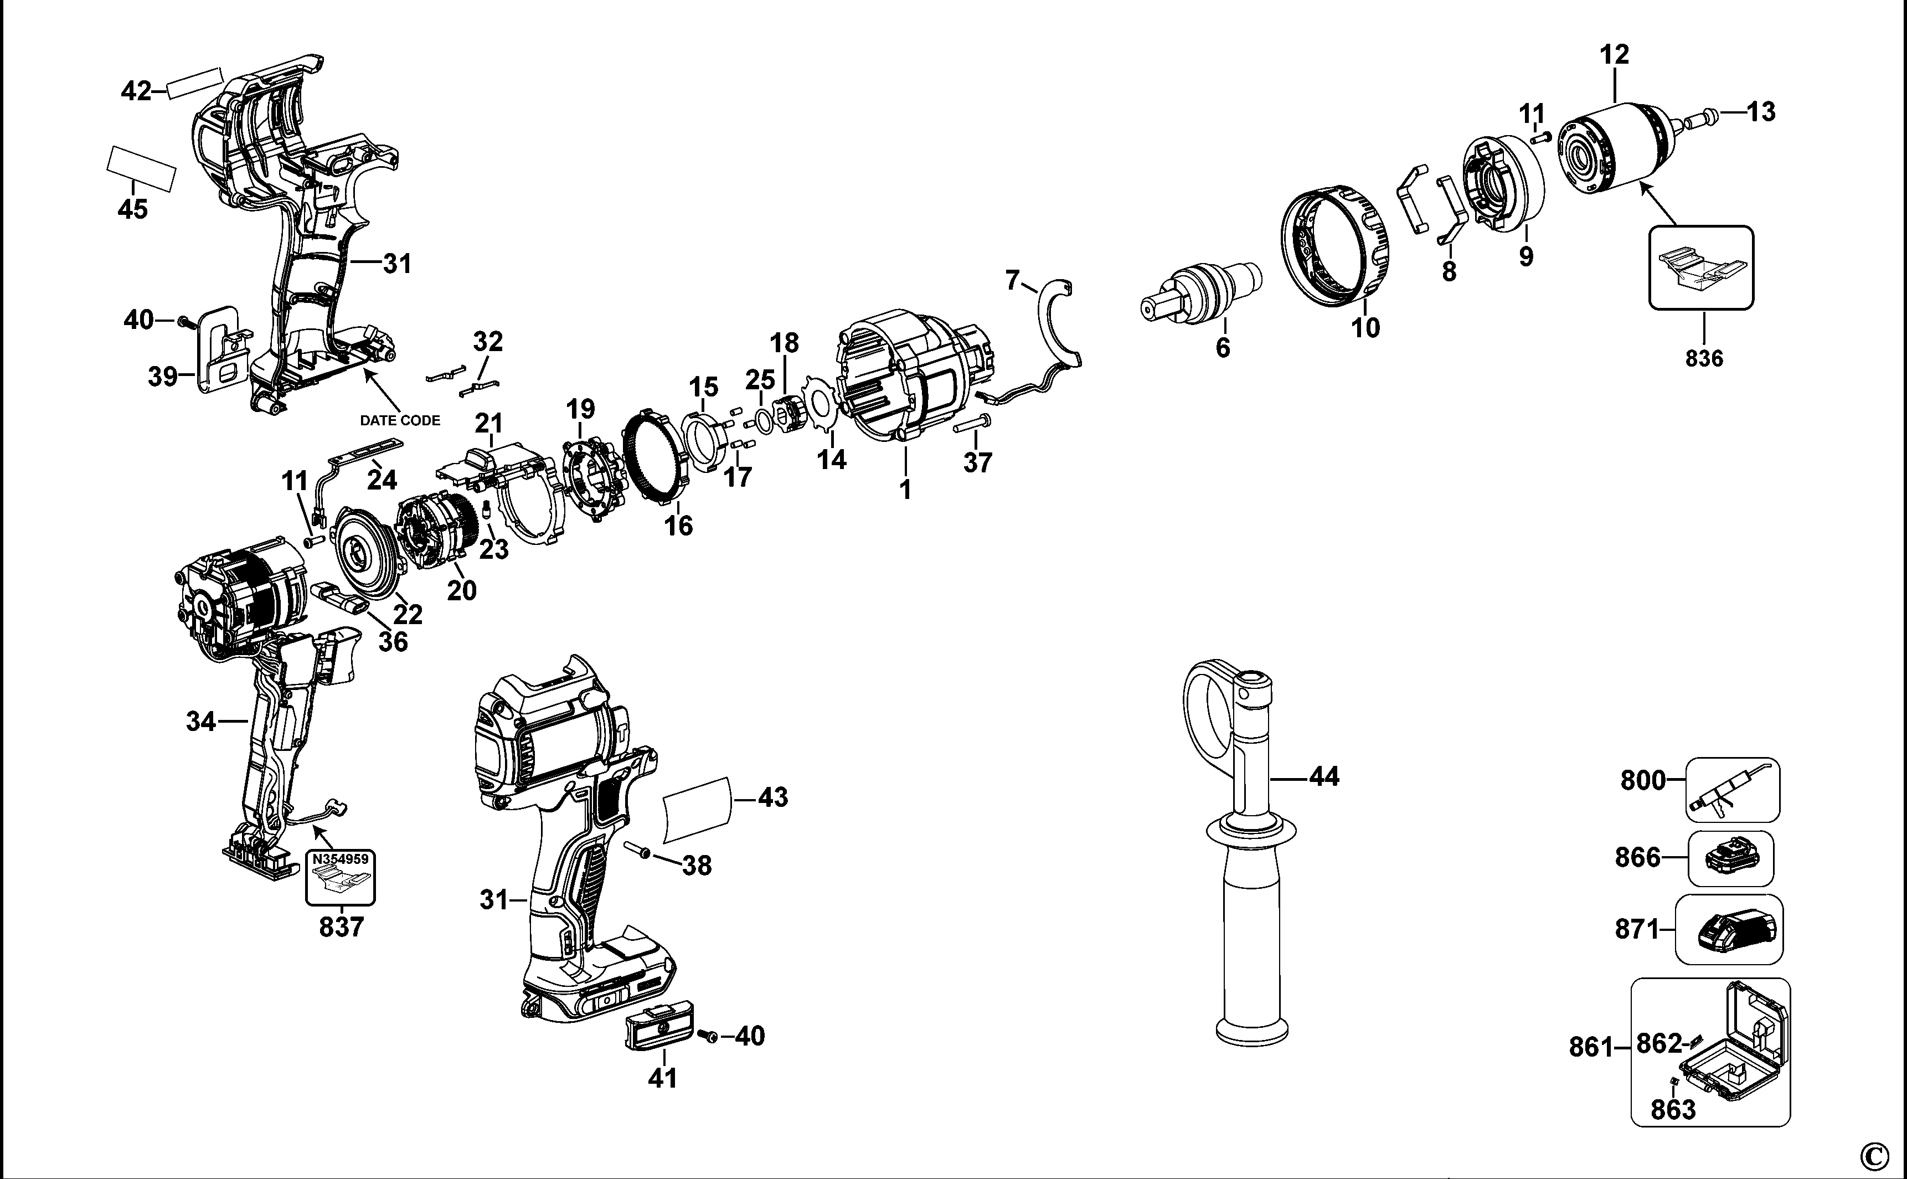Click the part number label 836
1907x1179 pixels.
[x=1704, y=359]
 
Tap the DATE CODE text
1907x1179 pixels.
[x=399, y=420]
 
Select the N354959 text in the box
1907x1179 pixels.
[x=340, y=860]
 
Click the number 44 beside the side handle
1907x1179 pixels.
[x=1324, y=776]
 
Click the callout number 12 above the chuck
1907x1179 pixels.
[x=1614, y=55]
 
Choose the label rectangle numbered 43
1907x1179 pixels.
[x=698, y=810]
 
